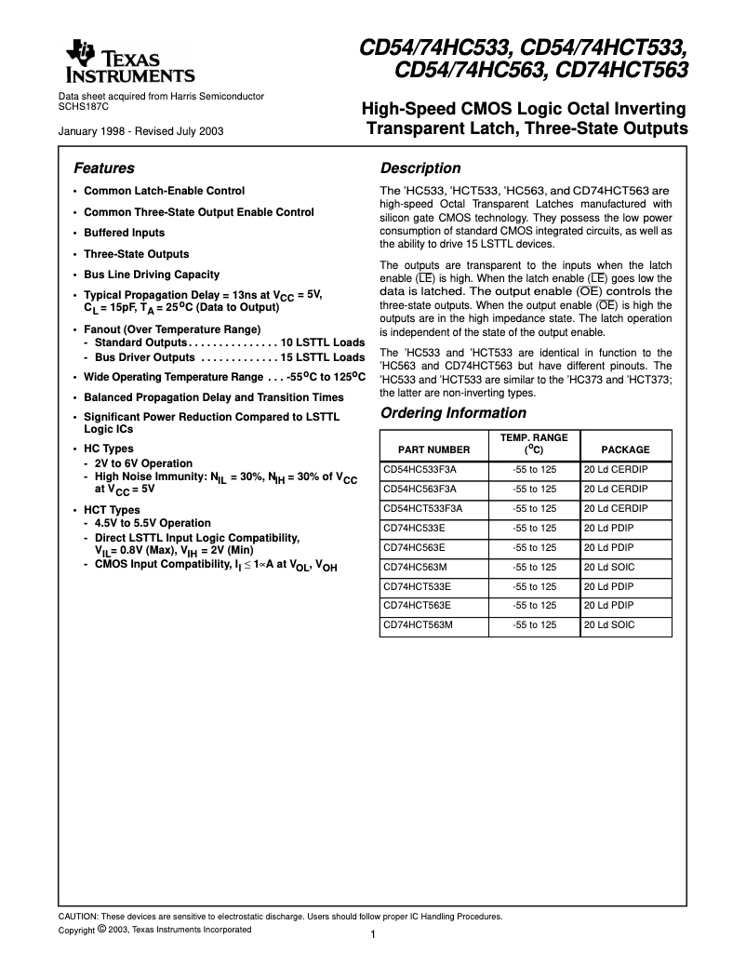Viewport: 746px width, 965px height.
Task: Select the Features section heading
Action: [103, 168]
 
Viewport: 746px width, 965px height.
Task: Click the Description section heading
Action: [420, 168]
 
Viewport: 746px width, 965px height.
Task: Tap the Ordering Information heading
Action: [453, 413]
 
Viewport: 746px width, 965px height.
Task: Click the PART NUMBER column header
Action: [428, 449]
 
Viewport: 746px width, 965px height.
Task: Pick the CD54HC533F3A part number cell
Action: [420, 470]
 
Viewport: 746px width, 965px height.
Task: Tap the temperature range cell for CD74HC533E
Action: [534, 528]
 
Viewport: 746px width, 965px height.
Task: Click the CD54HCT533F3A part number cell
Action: [423, 509]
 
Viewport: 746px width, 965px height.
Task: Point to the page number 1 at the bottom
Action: [372, 935]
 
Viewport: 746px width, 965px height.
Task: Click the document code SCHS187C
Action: [84, 106]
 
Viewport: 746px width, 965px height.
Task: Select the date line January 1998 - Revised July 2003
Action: [140, 131]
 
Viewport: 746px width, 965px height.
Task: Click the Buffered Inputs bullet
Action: [124, 233]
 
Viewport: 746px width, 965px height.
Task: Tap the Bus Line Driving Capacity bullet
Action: [152, 275]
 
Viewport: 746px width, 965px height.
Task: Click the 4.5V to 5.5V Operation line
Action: [153, 523]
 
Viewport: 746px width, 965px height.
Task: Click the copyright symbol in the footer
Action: [100, 929]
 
